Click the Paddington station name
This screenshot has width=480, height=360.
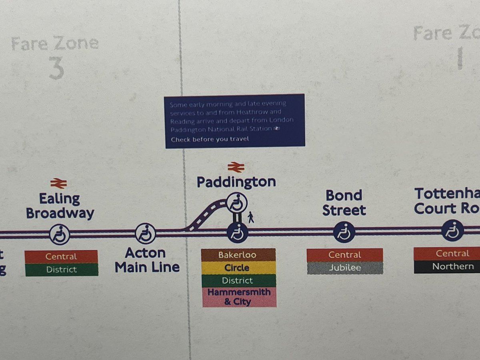[236, 182]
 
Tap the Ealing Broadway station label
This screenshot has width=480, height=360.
[60, 206]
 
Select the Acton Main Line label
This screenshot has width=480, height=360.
[147, 260]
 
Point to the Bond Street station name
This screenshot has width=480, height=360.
[344, 203]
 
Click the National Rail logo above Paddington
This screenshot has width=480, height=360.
[236, 167]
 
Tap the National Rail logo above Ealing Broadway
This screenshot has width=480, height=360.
[58, 184]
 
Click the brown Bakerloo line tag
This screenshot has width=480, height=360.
[238, 255]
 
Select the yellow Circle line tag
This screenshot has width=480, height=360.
[238, 268]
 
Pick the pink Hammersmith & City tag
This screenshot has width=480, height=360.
[238, 297]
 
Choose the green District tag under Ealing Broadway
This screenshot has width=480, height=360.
[61, 270]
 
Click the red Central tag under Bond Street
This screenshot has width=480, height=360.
[344, 255]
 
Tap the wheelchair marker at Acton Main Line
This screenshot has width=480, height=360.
[145, 233]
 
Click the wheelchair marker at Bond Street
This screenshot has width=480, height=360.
[344, 232]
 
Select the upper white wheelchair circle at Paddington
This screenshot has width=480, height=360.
[237, 203]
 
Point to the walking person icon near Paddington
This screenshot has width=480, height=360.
[251, 218]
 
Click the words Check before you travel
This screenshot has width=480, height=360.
[210, 139]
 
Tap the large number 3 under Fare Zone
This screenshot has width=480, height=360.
[56, 68]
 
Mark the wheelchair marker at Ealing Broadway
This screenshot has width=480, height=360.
[60, 234]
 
